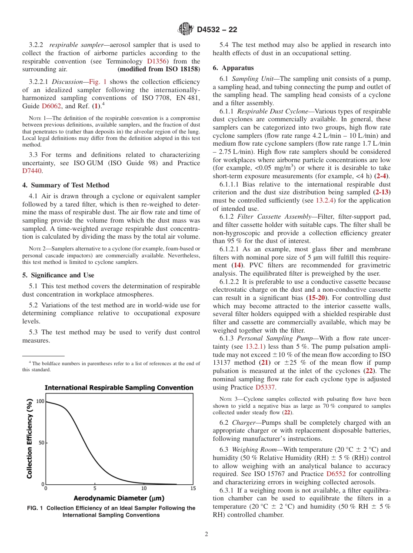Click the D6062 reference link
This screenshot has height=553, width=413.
51,106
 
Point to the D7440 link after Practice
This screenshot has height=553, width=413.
32,171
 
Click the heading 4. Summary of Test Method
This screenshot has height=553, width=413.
66,185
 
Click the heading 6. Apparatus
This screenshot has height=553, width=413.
233,68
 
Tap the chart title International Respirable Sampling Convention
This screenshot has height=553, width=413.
119,388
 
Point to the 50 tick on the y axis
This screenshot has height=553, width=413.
41,443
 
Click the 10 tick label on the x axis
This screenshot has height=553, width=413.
144,489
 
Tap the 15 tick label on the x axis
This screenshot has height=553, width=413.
193,489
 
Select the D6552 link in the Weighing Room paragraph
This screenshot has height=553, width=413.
336,474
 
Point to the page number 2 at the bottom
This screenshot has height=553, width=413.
206,534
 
